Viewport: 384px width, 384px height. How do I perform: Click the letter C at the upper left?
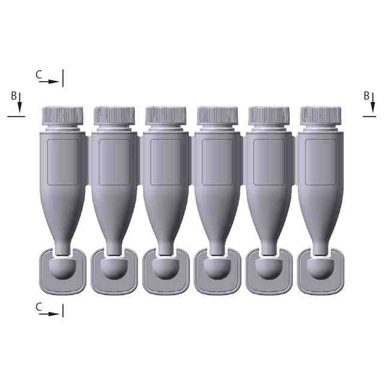39,74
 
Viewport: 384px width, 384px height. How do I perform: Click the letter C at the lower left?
39,307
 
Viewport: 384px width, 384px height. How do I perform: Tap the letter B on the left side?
14,96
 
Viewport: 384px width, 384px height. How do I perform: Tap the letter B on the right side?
367,96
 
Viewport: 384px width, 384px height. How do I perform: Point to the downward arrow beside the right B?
373,103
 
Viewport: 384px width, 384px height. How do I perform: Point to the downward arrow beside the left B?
20,103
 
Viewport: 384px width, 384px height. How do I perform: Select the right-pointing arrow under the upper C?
49,82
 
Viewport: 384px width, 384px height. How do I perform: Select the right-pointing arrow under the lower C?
49,314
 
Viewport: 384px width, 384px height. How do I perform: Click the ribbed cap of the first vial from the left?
62,115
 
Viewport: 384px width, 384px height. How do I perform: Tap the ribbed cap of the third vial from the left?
166,115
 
